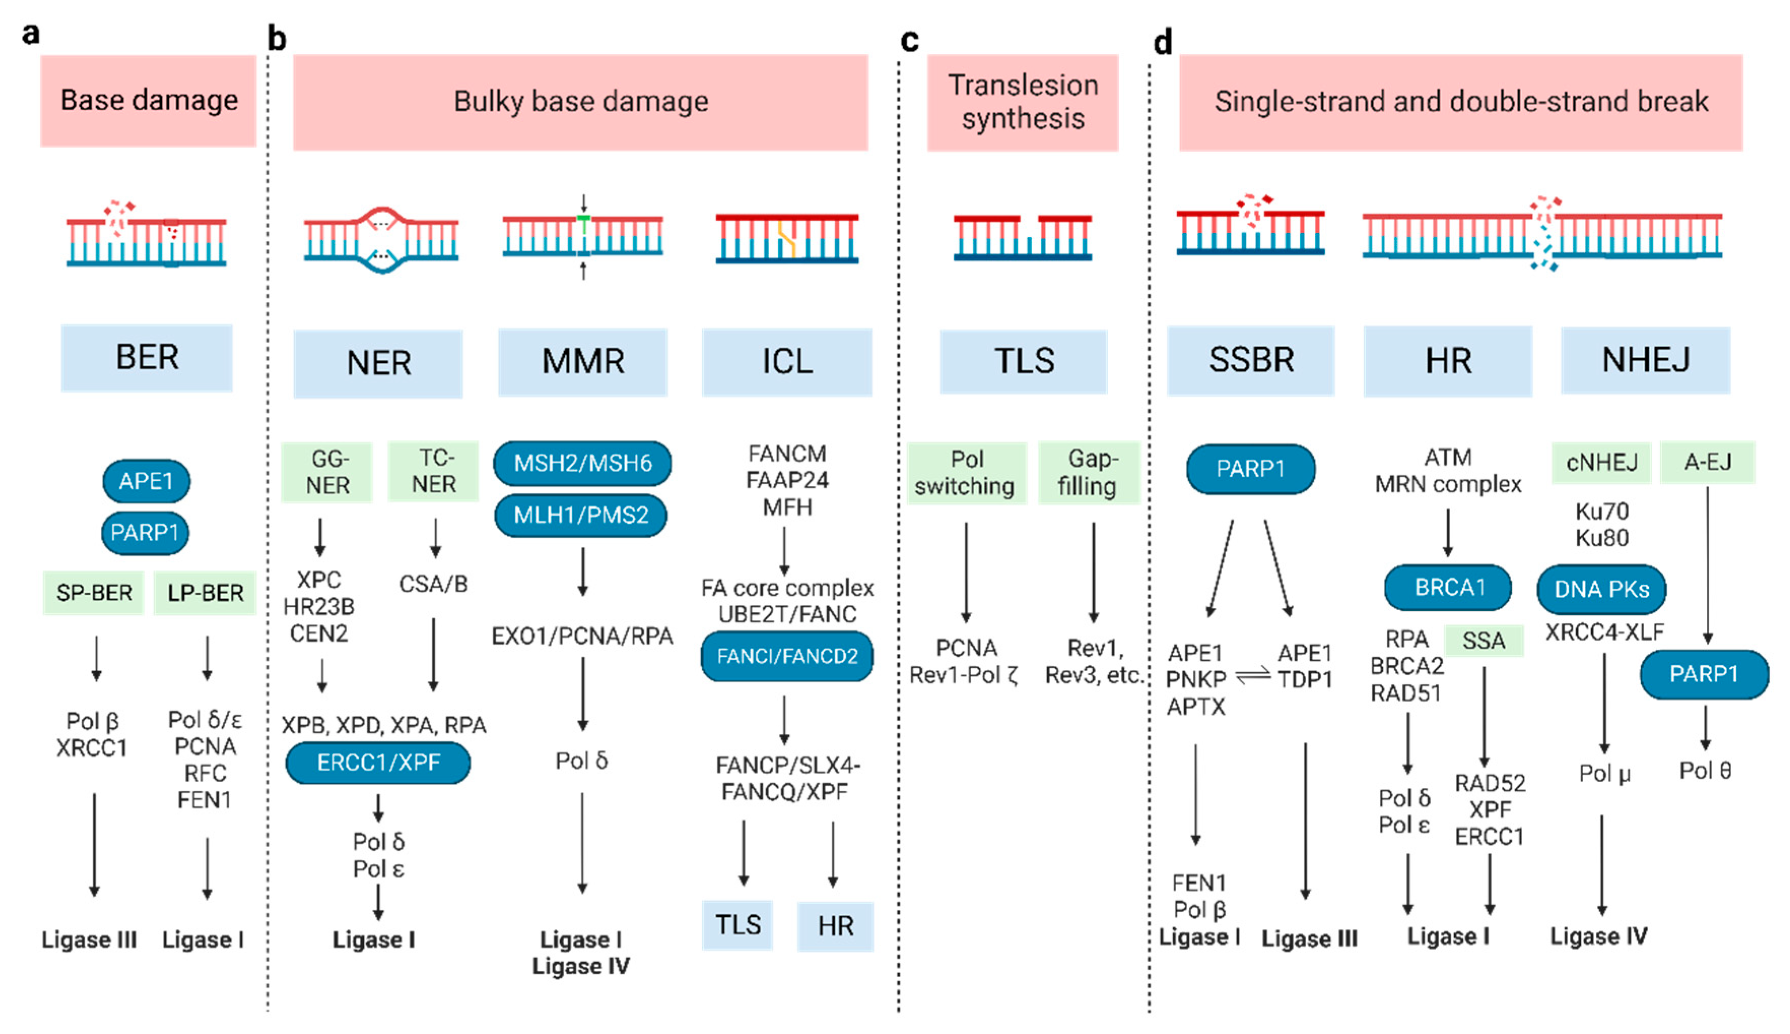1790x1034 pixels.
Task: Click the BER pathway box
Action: (x=147, y=358)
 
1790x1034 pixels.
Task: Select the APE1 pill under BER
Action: (x=146, y=482)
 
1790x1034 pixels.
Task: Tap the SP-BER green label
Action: (x=94, y=592)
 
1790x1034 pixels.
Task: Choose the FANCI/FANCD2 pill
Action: (x=786, y=656)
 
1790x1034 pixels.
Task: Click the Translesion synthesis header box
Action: (x=1023, y=102)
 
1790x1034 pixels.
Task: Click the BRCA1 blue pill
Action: (x=1449, y=587)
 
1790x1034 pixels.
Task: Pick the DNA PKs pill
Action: (x=1601, y=589)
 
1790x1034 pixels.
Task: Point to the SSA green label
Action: (x=1484, y=641)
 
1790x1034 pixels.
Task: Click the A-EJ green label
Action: (x=1708, y=462)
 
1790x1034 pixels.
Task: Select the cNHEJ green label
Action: (x=1602, y=463)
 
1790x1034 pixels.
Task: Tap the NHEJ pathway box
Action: (x=1645, y=360)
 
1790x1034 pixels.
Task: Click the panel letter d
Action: (x=1162, y=43)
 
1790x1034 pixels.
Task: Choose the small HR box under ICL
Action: (x=835, y=926)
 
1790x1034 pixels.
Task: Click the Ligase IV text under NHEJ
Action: (x=1598, y=937)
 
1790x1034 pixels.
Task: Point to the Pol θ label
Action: (x=1705, y=771)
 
